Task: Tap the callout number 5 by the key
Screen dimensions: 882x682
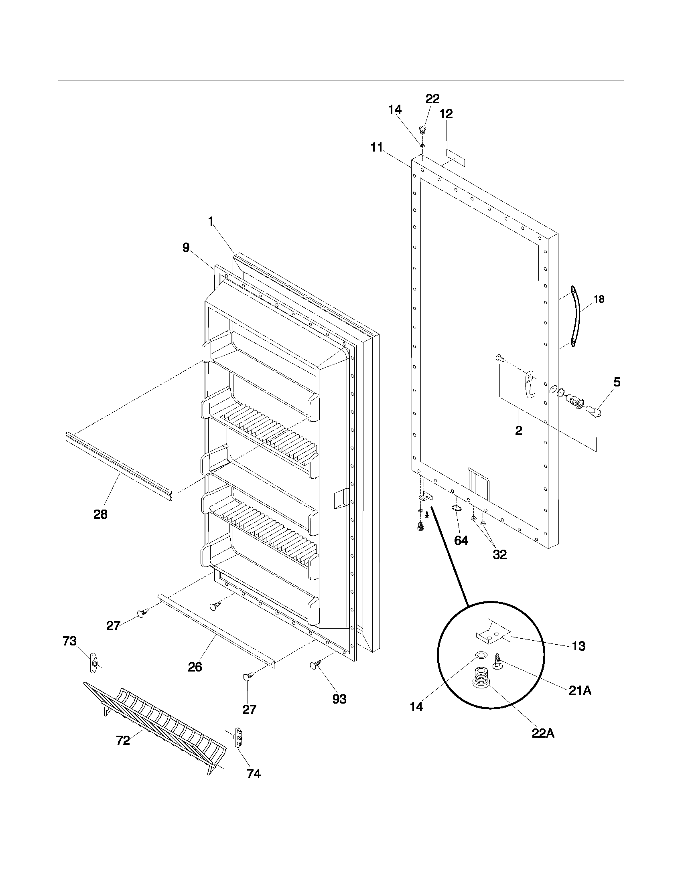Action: point(617,382)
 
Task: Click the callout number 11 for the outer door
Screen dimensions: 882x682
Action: point(377,148)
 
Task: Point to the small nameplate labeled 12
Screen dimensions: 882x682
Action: point(455,157)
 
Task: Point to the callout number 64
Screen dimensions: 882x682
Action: point(461,540)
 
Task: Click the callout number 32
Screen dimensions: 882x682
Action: point(499,554)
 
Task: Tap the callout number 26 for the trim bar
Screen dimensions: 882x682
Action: point(195,667)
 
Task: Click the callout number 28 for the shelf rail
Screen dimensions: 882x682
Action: point(100,514)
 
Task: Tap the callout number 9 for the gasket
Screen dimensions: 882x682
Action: point(186,247)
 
